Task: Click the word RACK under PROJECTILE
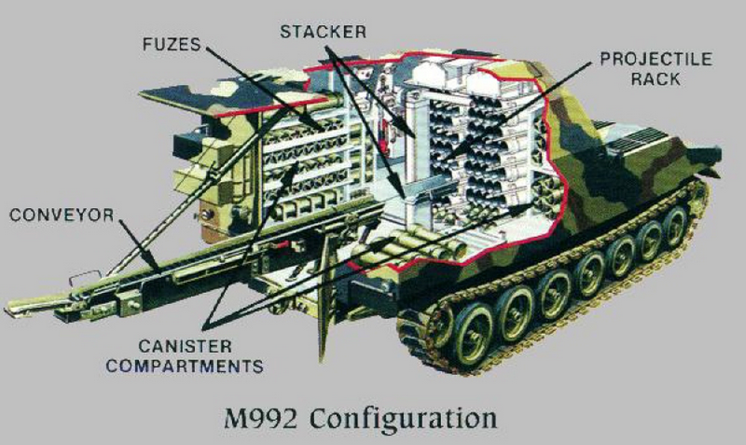coord(657,80)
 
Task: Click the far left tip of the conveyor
coord(9,307)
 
